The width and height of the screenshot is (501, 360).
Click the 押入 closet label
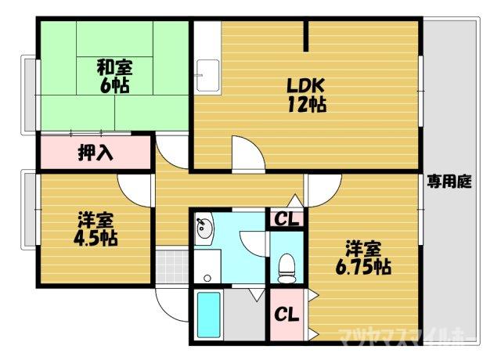pos(96,152)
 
